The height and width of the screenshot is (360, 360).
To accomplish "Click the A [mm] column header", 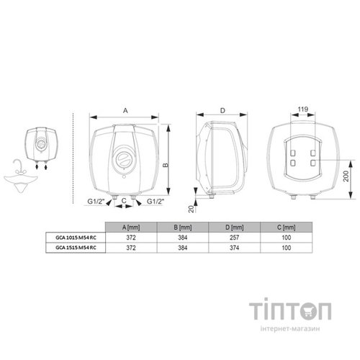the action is (131, 228).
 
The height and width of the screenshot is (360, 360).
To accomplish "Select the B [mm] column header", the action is (183, 228).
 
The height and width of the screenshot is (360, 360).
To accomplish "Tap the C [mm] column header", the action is (286, 228).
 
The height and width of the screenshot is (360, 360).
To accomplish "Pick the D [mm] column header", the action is (235, 228).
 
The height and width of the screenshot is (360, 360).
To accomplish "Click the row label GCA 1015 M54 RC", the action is (76, 238).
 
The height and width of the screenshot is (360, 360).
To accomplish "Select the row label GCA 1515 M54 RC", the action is (76, 248).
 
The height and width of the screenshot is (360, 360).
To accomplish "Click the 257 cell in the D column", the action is (234, 238).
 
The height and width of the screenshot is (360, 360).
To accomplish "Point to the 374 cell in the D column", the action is (234, 248).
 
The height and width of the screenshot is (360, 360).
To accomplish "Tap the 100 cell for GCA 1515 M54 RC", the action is (287, 248).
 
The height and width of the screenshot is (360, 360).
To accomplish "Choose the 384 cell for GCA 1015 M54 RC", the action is (183, 238).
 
